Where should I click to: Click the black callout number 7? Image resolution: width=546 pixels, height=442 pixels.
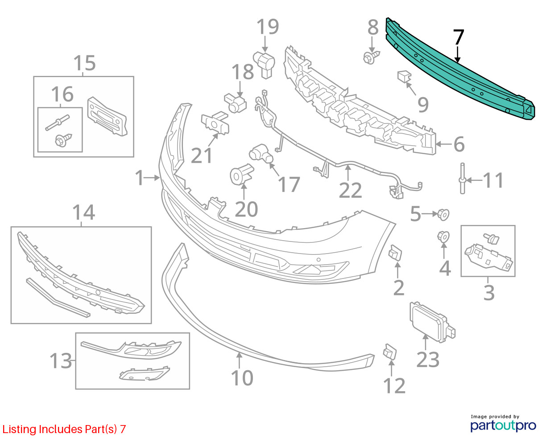(x=458, y=37)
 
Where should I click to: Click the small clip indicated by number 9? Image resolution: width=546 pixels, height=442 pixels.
(x=404, y=76)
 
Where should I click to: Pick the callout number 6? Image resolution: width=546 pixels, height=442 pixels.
(x=459, y=144)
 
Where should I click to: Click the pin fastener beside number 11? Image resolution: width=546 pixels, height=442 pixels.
(x=463, y=179)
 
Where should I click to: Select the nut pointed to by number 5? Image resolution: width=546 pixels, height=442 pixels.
(x=443, y=215)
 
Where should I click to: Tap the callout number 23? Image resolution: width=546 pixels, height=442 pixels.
(x=428, y=360)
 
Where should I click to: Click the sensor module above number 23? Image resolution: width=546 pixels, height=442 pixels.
(x=432, y=322)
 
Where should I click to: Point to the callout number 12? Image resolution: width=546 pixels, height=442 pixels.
(x=394, y=386)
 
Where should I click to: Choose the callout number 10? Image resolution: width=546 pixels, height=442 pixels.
(x=242, y=378)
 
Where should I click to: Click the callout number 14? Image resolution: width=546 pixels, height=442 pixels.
(x=83, y=212)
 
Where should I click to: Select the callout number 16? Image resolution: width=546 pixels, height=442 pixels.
(x=62, y=94)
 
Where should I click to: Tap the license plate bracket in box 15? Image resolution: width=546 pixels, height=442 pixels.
(x=107, y=116)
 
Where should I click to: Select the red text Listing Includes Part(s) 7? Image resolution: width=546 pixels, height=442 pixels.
(x=64, y=429)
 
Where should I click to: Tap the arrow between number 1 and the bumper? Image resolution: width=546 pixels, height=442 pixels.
(x=152, y=177)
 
